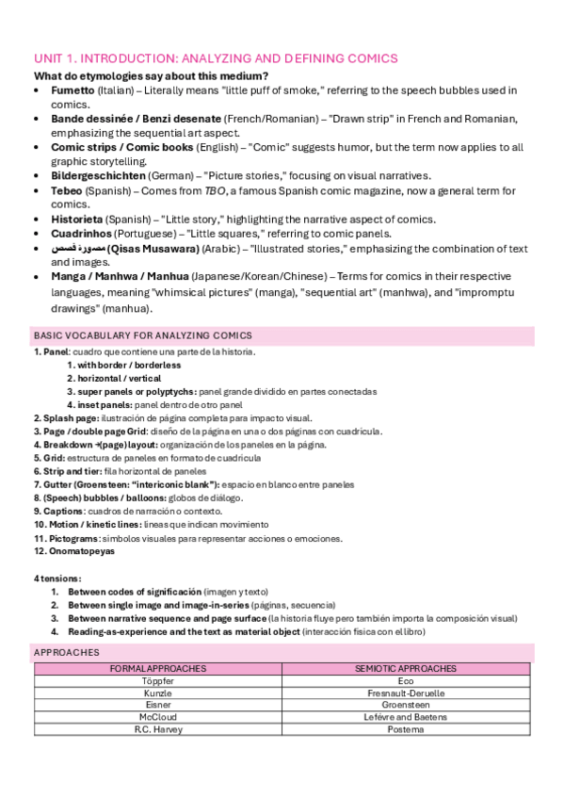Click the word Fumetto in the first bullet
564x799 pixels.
click(x=73, y=90)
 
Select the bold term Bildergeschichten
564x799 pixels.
click(x=98, y=175)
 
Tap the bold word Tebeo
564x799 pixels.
click(x=68, y=190)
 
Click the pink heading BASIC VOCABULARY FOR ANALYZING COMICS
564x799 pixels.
click(x=141, y=335)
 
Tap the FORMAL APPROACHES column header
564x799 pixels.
click(x=158, y=667)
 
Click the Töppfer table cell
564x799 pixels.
click(x=158, y=679)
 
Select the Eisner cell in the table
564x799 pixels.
click(x=158, y=704)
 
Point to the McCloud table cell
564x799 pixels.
click(x=158, y=716)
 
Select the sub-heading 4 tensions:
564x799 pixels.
click(x=56, y=578)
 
